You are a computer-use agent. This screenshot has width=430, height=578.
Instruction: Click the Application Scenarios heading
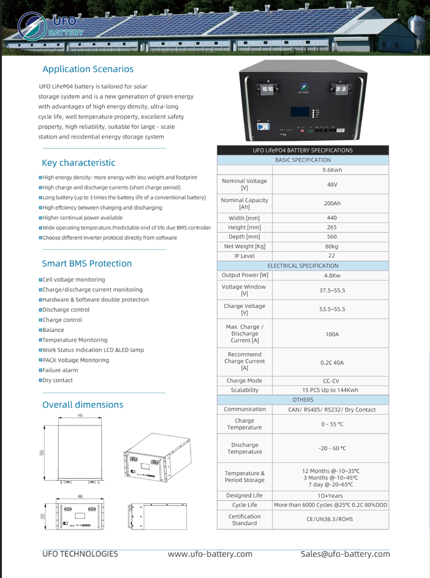(x=88, y=69)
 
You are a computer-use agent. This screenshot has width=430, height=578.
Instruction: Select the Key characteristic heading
(x=78, y=163)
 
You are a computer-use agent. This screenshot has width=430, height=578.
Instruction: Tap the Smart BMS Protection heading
(x=86, y=264)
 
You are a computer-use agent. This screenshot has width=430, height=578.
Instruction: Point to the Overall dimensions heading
(x=82, y=405)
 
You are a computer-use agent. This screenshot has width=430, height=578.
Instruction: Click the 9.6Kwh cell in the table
(x=332, y=170)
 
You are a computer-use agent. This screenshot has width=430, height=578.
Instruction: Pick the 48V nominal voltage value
(x=332, y=184)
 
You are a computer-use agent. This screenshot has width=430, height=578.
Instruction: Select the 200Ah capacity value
(x=332, y=203)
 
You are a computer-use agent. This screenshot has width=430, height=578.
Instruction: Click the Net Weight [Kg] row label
(x=244, y=246)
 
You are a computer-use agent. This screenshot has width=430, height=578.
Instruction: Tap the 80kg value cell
(x=332, y=246)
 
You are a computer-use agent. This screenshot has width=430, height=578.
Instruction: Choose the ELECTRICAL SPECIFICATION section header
(x=303, y=266)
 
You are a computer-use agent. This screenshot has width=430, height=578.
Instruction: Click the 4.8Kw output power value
(x=332, y=276)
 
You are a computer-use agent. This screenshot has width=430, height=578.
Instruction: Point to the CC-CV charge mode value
(x=332, y=380)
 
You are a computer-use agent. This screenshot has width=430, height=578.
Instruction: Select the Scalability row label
(x=244, y=390)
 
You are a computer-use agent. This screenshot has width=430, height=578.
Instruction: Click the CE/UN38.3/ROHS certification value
(x=332, y=519)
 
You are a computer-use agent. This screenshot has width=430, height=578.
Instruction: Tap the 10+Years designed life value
(x=332, y=495)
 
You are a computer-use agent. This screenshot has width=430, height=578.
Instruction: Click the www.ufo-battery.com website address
(x=210, y=554)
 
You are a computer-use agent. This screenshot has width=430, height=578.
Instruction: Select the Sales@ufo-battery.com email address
(x=345, y=554)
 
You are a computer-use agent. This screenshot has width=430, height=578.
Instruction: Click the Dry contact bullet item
(x=57, y=380)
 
